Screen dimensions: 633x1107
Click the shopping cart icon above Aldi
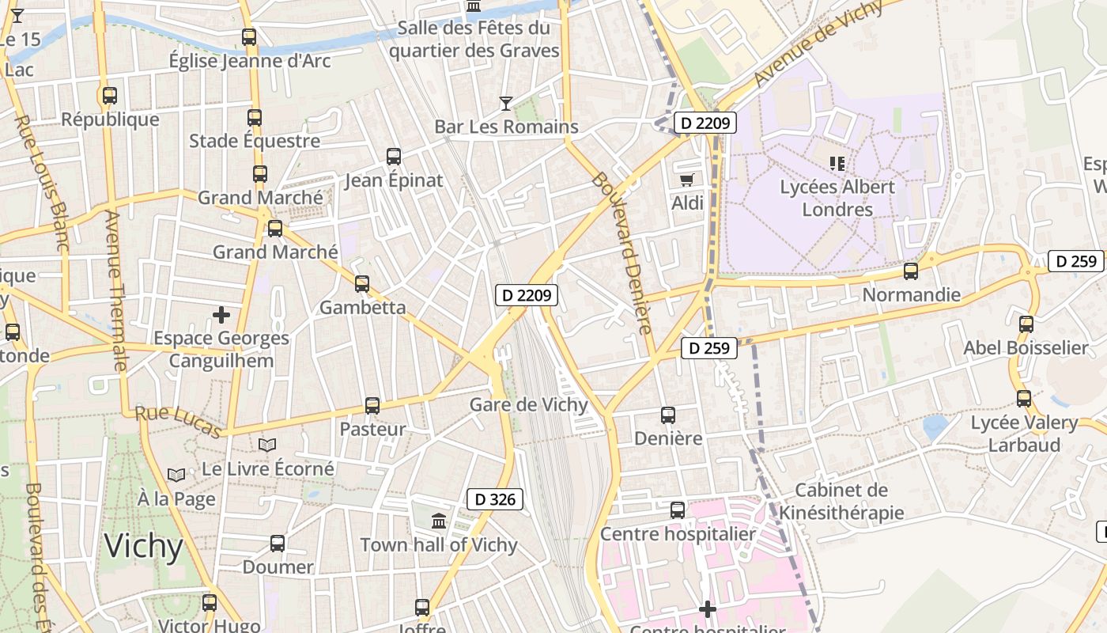(x=687, y=180)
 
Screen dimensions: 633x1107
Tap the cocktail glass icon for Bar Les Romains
(x=506, y=103)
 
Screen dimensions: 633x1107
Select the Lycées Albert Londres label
(x=837, y=198)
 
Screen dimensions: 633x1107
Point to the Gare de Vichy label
(x=529, y=405)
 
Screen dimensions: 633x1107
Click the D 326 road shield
(x=495, y=499)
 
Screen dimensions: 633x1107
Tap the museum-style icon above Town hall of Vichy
(x=439, y=521)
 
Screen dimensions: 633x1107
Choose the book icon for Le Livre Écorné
(x=267, y=445)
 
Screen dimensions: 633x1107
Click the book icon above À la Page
(x=176, y=475)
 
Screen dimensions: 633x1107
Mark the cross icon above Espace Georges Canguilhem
(x=221, y=315)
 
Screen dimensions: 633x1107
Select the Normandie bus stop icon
(x=911, y=271)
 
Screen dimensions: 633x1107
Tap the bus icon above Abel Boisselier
(x=1026, y=324)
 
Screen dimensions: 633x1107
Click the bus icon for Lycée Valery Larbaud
(x=1024, y=399)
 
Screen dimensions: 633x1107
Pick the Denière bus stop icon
(x=668, y=415)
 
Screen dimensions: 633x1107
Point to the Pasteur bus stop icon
(x=372, y=406)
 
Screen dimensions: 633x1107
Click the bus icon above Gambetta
(x=362, y=283)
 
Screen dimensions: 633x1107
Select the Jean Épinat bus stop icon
(x=394, y=157)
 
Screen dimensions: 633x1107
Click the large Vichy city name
(x=144, y=546)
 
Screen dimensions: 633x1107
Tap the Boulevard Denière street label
(x=622, y=253)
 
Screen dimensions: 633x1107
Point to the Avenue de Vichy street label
(x=818, y=43)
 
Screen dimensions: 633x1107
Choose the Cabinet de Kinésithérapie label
(x=841, y=501)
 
